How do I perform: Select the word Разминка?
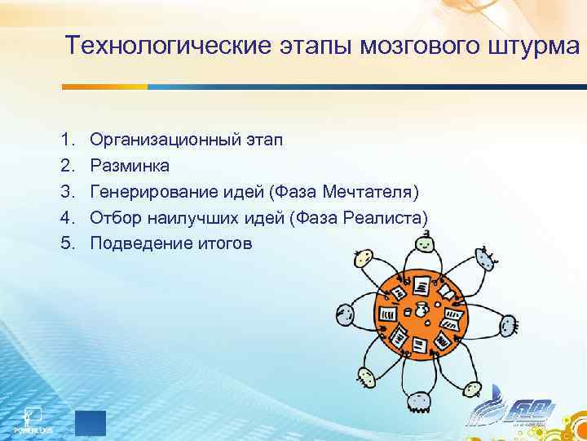[130, 166]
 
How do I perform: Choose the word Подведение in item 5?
[135, 243]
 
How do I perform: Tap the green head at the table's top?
[424, 243]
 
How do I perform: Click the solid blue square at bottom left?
[90, 423]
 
